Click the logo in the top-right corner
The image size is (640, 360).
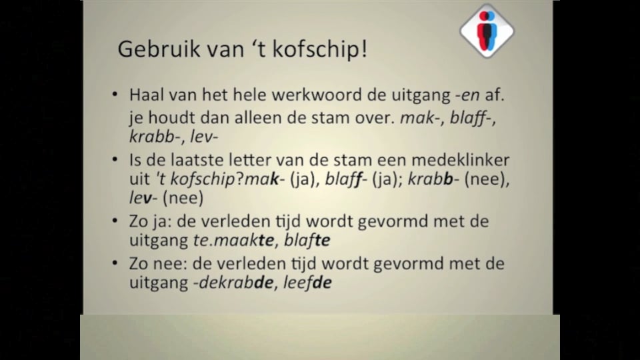487,30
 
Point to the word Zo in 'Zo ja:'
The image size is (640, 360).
139,221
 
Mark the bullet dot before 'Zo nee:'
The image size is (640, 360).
116,264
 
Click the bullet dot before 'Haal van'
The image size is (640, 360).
116,95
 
